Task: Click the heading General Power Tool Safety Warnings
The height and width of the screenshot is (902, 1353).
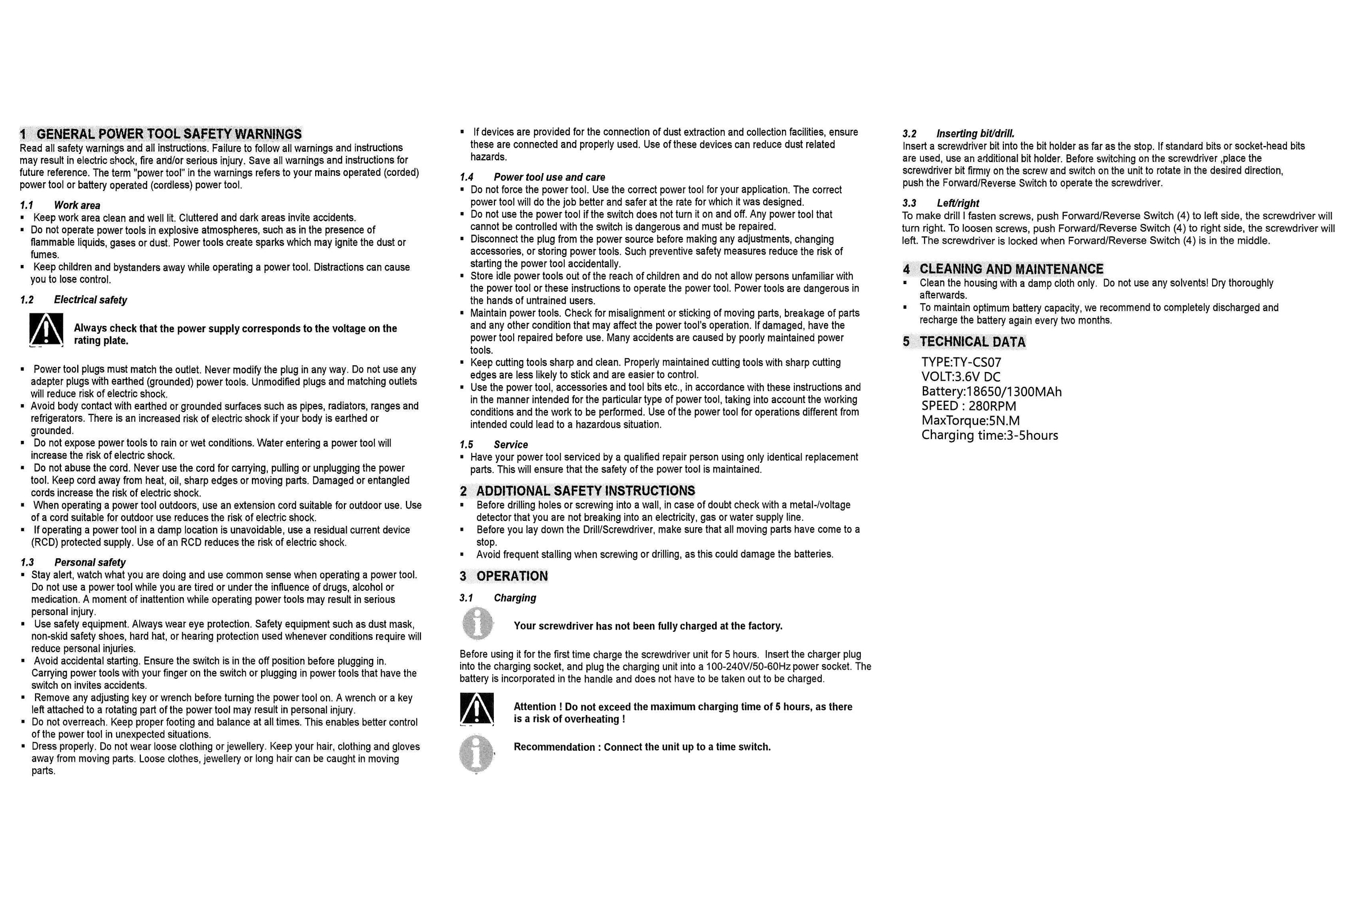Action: [x=161, y=134]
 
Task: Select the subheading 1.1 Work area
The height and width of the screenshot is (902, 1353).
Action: [x=60, y=205]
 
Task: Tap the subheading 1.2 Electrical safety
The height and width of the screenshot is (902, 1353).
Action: [x=73, y=300]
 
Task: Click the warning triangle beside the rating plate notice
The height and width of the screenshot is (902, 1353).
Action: [x=46, y=330]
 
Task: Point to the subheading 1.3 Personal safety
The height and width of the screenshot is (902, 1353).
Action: [x=73, y=562]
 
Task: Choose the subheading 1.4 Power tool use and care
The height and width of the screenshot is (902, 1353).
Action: [x=532, y=177]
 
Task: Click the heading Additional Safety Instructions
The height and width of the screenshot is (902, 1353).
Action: [x=577, y=490]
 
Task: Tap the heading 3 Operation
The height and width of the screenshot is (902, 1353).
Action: [x=504, y=576]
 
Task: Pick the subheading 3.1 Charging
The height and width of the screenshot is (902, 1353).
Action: [x=498, y=598]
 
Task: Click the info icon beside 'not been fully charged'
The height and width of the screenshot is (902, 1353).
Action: [x=477, y=624]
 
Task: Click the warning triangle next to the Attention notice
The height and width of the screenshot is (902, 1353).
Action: [x=476, y=709]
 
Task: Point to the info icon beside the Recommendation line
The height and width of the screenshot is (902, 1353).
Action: [x=476, y=754]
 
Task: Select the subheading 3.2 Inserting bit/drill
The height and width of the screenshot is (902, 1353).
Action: [x=958, y=134]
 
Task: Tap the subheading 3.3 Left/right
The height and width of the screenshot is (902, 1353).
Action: [x=940, y=203]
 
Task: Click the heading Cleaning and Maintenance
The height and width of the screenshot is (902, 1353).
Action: [x=1003, y=269]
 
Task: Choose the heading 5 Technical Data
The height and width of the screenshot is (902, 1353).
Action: [x=964, y=342]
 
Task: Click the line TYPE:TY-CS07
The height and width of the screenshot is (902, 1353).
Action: [x=961, y=362]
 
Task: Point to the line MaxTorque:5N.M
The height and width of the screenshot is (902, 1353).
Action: [x=970, y=421]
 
